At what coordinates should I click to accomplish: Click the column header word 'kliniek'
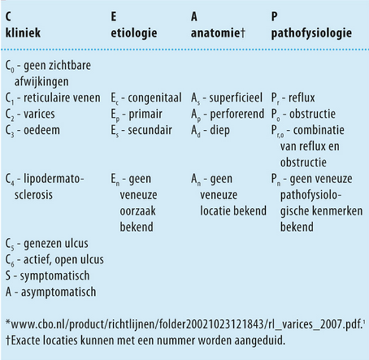click(23, 32)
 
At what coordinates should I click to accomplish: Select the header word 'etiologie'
click(134, 33)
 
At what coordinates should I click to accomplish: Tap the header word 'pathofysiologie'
click(311, 33)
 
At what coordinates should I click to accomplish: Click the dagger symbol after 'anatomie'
click(242, 33)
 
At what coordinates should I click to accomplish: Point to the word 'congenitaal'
click(155, 98)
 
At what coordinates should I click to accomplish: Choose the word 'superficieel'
click(236, 98)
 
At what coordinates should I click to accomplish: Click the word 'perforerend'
click(237, 114)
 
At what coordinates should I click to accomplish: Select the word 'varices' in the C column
click(39, 114)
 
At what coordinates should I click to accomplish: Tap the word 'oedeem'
click(42, 130)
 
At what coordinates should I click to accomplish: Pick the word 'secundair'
click(150, 130)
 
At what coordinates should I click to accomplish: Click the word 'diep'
click(220, 131)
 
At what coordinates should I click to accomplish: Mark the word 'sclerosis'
click(33, 195)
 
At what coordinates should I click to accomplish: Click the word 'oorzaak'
click(138, 211)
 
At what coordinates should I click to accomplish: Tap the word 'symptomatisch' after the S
click(55, 276)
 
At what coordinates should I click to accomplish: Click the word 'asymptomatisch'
click(58, 292)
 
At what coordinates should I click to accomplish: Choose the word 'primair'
click(146, 114)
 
